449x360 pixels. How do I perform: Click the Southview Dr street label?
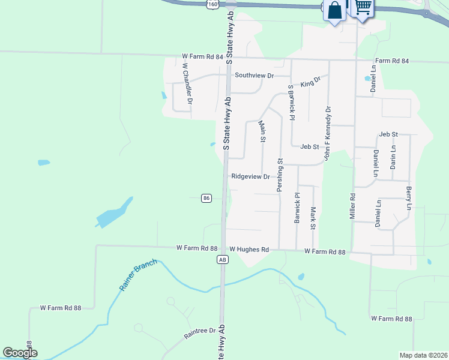tap(254, 76)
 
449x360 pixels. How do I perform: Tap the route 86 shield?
tap(206, 198)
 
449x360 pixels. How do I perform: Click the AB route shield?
tap(222, 260)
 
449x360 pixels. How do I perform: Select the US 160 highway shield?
tap(212, 4)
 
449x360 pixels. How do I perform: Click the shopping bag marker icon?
tap(334, 10)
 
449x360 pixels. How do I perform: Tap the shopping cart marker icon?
tap(362, 8)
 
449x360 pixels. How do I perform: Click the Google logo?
tap(20, 353)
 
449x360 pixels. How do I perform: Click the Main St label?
tap(262, 131)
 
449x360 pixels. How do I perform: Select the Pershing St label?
tap(280, 175)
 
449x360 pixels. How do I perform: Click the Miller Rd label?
tap(353, 205)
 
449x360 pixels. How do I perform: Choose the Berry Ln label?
tap(409, 198)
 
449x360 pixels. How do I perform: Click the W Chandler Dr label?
tap(187, 84)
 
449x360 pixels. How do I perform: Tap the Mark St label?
tap(313, 218)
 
